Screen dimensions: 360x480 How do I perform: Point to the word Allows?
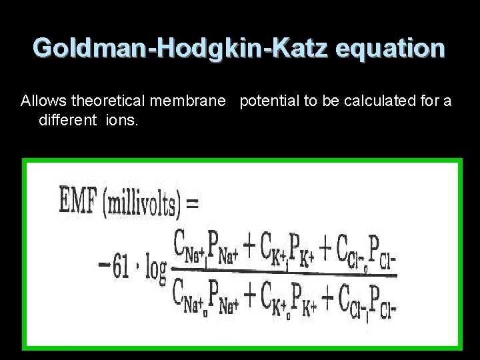(43, 101)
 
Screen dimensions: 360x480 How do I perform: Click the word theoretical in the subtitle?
(109, 101)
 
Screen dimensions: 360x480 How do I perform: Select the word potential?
(269, 101)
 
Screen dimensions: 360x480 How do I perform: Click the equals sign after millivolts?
(191, 201)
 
